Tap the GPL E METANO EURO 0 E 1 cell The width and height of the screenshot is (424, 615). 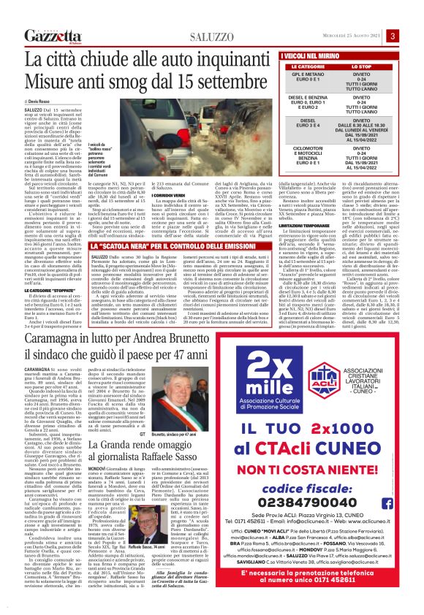[x=303, y=79]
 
